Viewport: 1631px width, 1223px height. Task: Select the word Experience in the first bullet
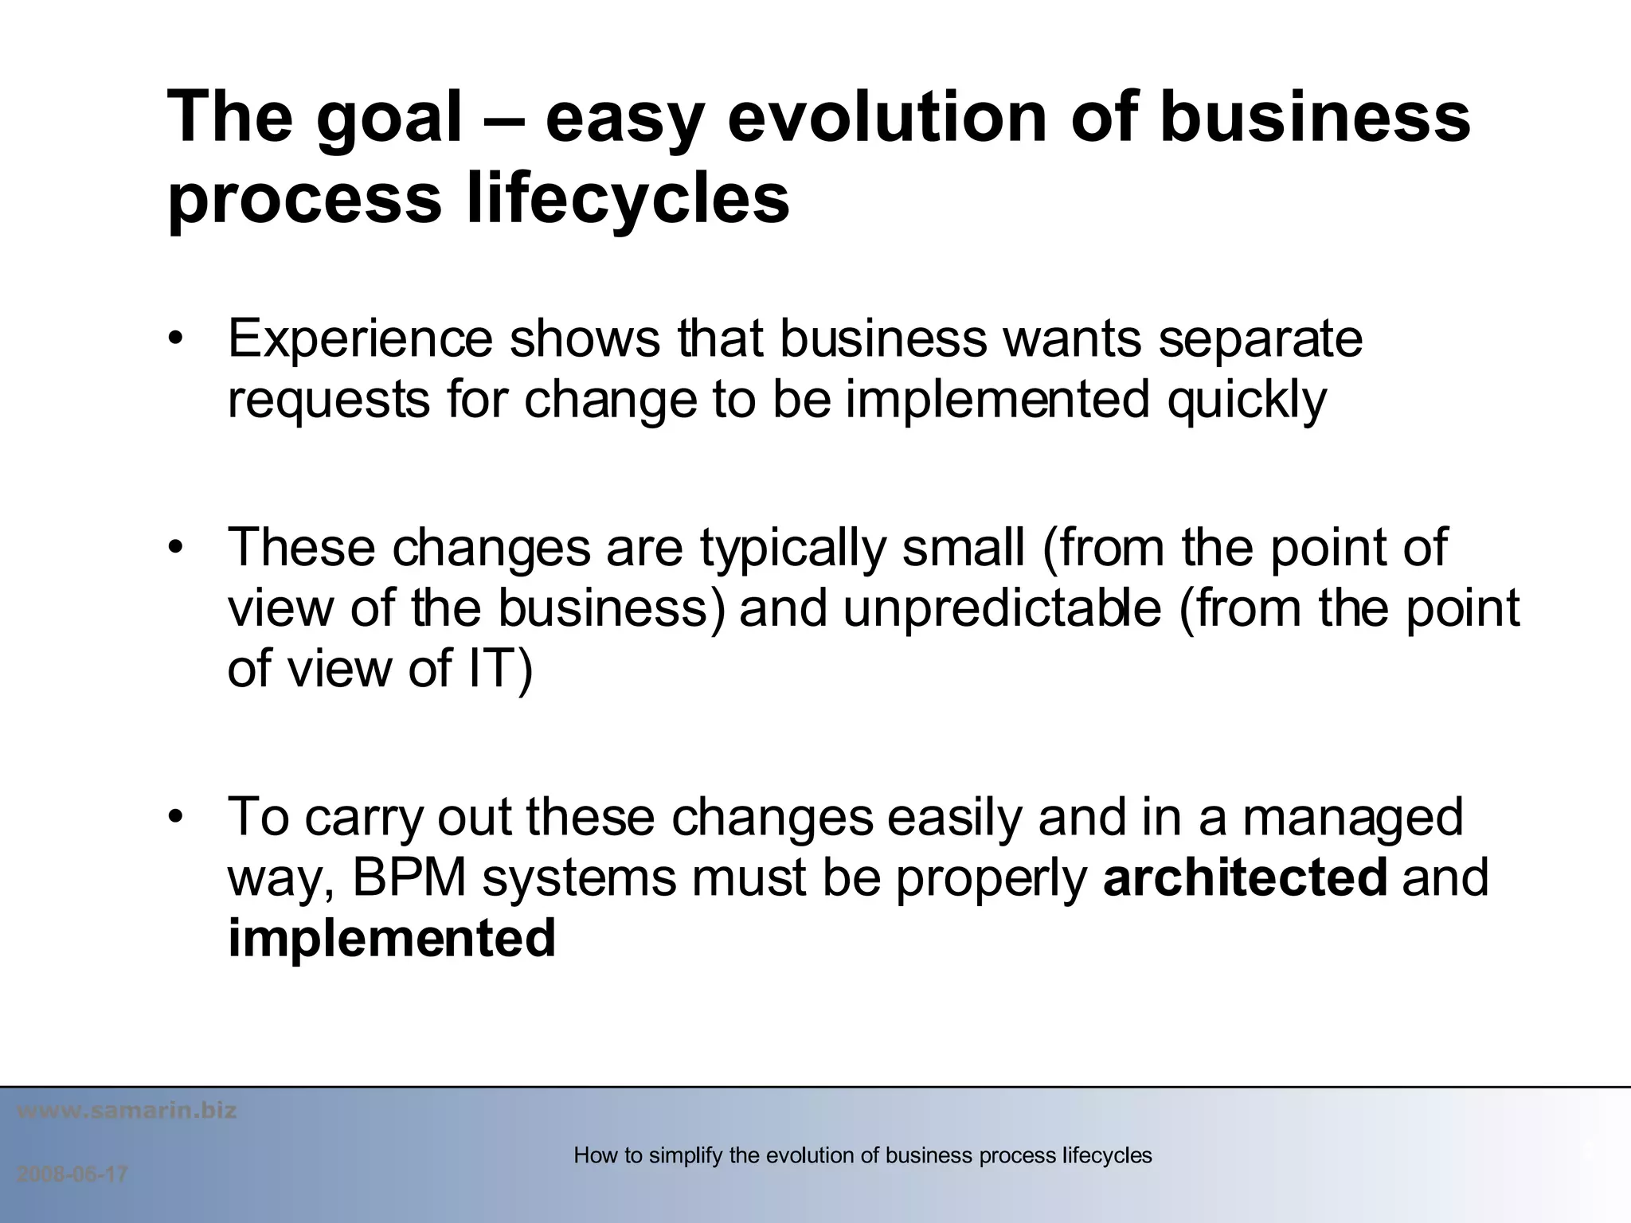click(x=360, y=339)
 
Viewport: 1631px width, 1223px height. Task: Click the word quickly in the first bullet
click(x=1246, y=401)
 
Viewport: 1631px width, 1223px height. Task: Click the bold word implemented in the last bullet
click(x=391, y=938)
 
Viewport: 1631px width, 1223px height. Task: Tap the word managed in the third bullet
click(x=1352, y=819)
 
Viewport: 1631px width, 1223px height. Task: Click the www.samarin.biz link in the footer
click(x=127, y=1111)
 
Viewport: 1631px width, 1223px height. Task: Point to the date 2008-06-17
click(x=72, y=1175)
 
